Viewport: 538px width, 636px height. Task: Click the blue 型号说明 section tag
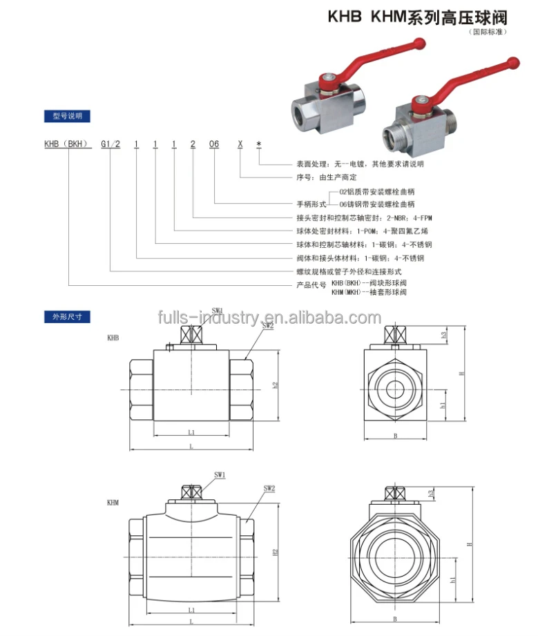(x=67, y=116)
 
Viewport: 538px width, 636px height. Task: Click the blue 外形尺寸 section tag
(x=67, y=318)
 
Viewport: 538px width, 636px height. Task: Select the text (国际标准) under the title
(x=488, y=32)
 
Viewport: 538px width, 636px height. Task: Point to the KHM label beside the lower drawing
(x=113, y=503)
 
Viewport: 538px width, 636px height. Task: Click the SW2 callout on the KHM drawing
(x=269, y=488)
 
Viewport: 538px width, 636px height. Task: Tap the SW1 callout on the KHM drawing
(x=220, y=475)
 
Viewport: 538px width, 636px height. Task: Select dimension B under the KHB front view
(x=395, y=435)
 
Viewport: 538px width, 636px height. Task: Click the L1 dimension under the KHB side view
(x=191, y=432)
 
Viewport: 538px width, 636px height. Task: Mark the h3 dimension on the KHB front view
(x=444, y=334)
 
